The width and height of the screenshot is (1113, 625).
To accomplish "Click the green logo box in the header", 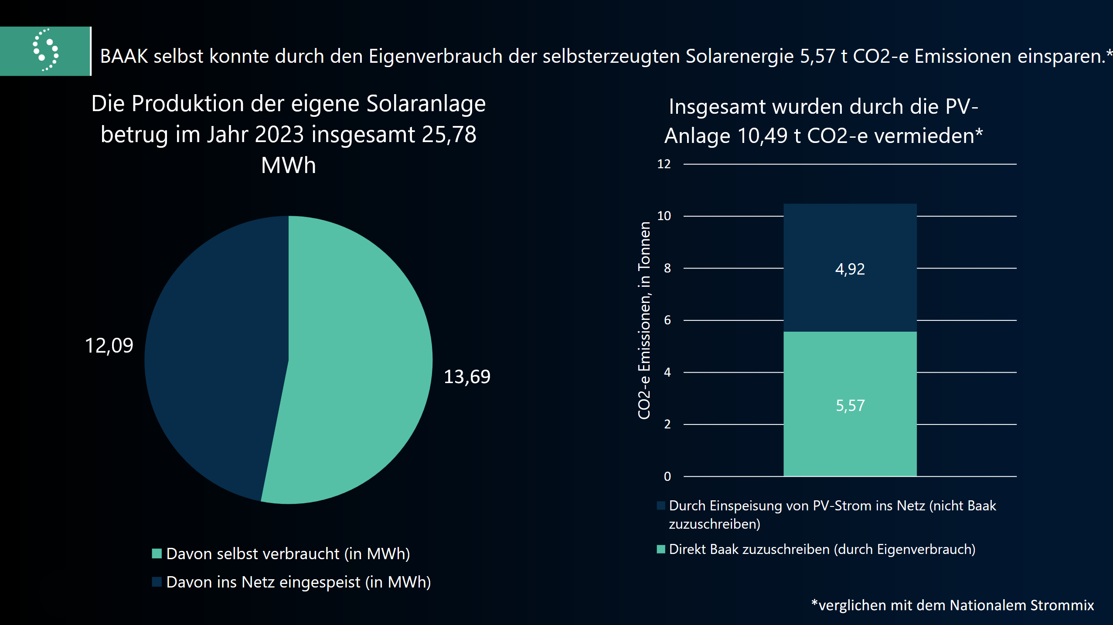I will (45, 51).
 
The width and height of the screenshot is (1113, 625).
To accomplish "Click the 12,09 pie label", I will (109, 346).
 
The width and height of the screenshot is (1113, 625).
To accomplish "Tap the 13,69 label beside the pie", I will (467, 377).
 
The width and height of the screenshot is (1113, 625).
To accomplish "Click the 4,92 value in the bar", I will (850, 269).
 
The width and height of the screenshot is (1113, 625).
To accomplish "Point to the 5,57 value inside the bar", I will (850, 405).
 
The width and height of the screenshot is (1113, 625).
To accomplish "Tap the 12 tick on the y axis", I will (664, 164).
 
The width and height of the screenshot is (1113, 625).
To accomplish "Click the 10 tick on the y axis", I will (664, 216).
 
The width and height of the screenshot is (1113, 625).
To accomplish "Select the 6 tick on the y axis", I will (667, 320).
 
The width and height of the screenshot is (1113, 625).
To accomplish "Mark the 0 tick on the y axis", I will (667, 476).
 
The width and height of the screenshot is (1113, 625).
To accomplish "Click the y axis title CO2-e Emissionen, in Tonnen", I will (644, 320).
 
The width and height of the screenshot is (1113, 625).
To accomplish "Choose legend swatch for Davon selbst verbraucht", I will (157, 554).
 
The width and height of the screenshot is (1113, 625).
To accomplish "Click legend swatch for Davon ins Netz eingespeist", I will (157, 582).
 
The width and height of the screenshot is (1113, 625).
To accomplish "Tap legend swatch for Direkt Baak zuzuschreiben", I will (661, 549).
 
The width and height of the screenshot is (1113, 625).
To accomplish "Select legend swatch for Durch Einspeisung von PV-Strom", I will (661, 506).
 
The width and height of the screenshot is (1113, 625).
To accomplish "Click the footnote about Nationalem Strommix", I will (953, 605).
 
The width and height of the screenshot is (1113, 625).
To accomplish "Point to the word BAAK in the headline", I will (124, 56).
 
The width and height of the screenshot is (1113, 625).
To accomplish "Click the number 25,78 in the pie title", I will (449, 134).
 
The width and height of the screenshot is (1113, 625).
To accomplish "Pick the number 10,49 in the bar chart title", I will (762, 136).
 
